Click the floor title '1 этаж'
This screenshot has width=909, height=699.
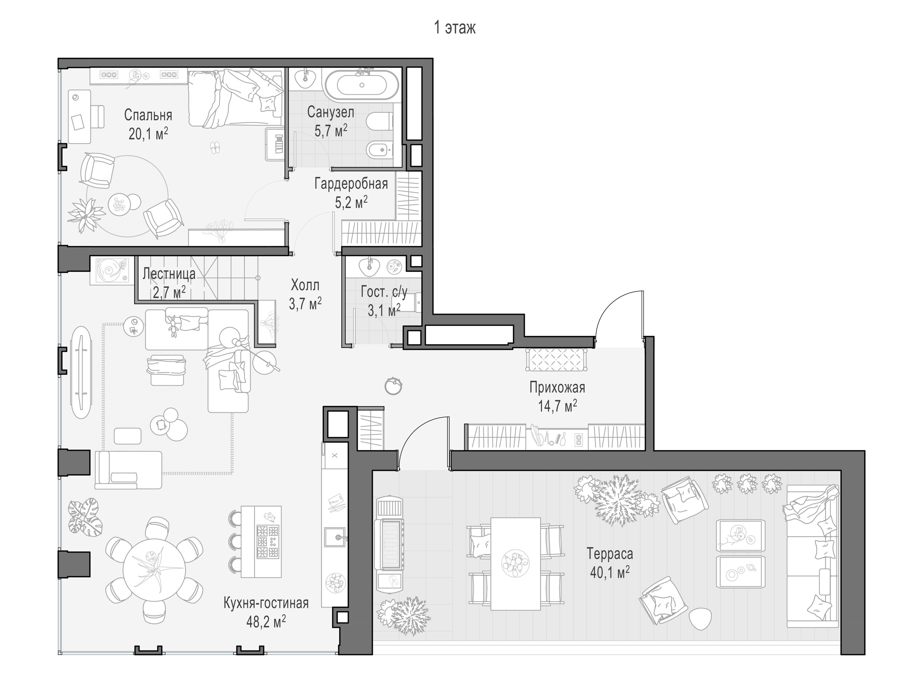[455, 28]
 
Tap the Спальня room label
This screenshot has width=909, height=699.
[148, 115]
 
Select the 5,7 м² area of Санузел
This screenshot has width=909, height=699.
[331, 131]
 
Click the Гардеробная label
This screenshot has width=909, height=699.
[351, 184]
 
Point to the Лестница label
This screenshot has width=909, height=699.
[169, 274]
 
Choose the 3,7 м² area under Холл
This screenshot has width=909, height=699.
[305, 303]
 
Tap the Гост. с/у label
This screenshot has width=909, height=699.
[384, 292]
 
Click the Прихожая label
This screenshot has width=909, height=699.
[557, 387]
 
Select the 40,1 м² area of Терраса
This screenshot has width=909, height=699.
[609, 572]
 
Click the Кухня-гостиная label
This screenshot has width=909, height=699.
[266, 603]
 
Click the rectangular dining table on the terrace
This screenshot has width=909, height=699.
[516, 564]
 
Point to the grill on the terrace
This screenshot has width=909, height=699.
[390, 545]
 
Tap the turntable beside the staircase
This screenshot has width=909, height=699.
[110, 271]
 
